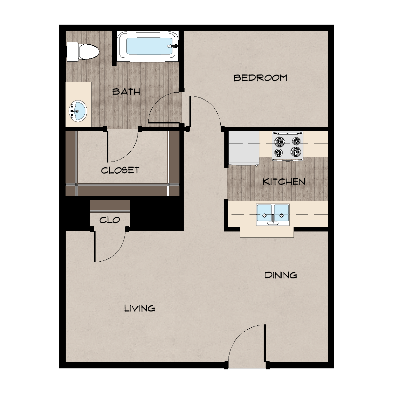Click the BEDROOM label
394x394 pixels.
tap(260, 78)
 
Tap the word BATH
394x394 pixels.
tap(126, 92)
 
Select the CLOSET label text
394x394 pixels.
tap(120, 170)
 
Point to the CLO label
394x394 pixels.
tap(110, 220)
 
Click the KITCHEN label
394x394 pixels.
tap(284, 182)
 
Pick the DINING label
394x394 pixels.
tap(281, 275)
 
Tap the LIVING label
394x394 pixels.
tap(140, 308)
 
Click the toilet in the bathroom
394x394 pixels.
tap(83, 52)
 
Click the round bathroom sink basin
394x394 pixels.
tap(78, 111)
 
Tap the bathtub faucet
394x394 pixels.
tap(172, 46)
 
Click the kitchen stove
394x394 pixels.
tap(288, 146)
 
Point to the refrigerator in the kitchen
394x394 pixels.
tap(244, 148)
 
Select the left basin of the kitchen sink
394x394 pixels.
tap(264, 213)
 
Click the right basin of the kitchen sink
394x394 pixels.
tap(281, 213)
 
